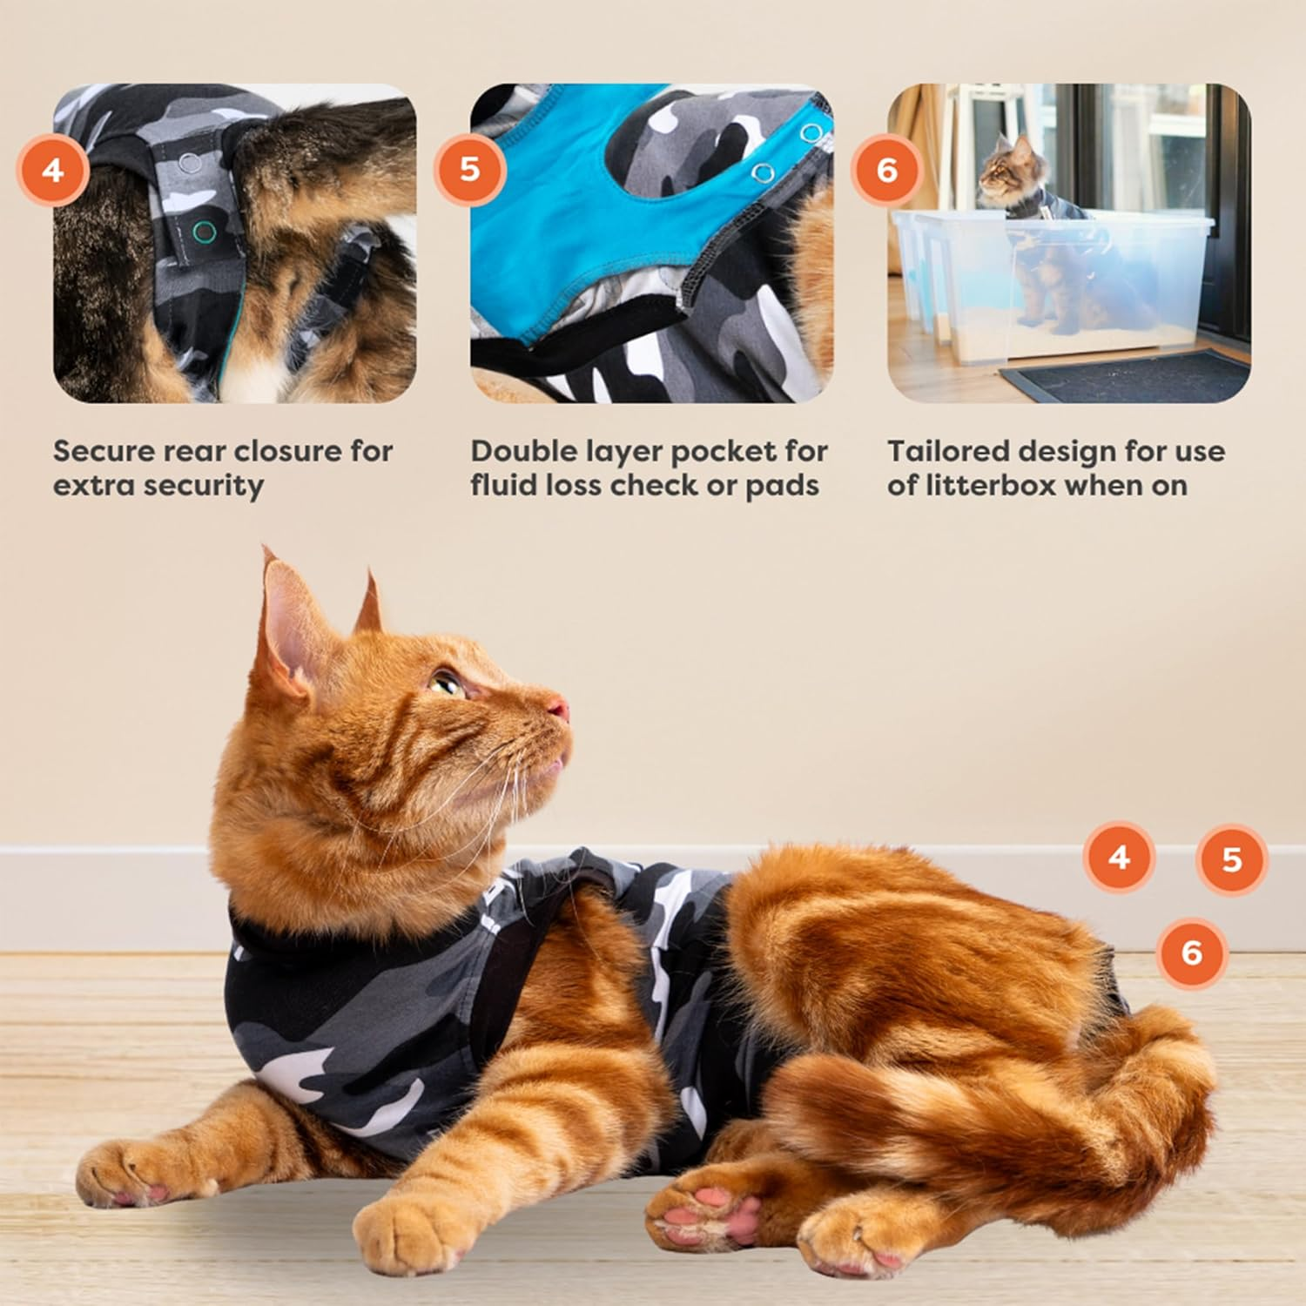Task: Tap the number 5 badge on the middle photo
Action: point(469,169)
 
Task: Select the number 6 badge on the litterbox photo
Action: point(886,169)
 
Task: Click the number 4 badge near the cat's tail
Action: point(1119,858)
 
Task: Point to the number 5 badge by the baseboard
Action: point(1231,859)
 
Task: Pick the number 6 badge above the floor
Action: point(1192,953)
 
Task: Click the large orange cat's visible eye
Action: point(446,682)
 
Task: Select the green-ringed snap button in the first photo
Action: point(204,231)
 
